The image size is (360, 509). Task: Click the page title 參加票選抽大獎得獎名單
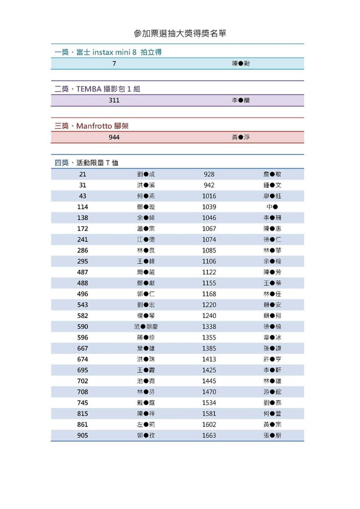(x=179, y=34)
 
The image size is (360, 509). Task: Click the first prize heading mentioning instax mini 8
(x=108, y=52)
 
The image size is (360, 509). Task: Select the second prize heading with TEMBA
(x=98, y=89)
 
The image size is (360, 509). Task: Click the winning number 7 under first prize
(x=114, y=63)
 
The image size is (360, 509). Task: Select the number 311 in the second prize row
(x=114, y=100)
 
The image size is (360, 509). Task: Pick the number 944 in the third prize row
(x=114, y=138)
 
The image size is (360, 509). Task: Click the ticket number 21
(x=82, y=174)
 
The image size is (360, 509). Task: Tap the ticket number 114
(x=82, y=207)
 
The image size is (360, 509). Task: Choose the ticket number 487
(x=82, y=272)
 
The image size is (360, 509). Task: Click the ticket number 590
(x=82, y=327)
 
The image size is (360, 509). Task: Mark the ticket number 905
(x=82, y=435)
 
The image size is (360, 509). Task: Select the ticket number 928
(x=209, y=174)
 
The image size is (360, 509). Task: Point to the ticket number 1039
(x=209, y=207)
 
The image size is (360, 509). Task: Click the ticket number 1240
(x=209, y=316)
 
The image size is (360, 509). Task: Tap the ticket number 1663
(x=209, y=435)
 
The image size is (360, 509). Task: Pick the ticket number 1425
(x=209, y=370)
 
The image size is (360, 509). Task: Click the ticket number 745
(x=82, y=403)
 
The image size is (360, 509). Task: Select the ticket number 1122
(x=209, y=272)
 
